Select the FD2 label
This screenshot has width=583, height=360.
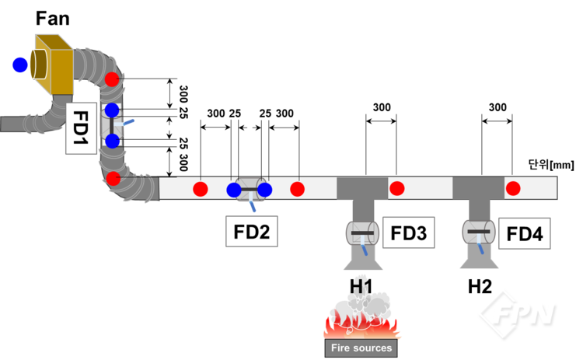pyautogui.click(x=251, y=231)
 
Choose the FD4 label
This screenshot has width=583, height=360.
pyautogui.click(x=525, y=232)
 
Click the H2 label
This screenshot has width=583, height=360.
pyautogui.click(x=480, y=287)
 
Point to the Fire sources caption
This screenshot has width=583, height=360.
pyautogui.click(x=361, y=348)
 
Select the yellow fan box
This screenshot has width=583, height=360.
pyautogui.click(x=53, y=60)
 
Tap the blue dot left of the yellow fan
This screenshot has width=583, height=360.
pyautogui.click(x=20, y=65)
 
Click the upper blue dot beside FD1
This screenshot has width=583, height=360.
pyautogui.click(x=112, y=110)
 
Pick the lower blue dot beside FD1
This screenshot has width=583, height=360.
pyautogui.click(x=112, y=141)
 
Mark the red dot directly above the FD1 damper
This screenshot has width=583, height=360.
pyautogui.click(x=112, y=79)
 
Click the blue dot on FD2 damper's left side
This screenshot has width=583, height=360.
pyautogui.click(x=234, y=190)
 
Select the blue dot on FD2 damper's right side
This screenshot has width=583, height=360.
pyautogui.click(x=265, y=190)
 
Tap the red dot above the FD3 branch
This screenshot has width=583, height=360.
pyautogui.click(x=396, y=188)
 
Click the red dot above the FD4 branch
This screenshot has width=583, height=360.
pyautogui.click(x=513, y=188)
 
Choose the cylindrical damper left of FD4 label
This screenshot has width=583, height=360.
pyautogui.click(x=478, y=231)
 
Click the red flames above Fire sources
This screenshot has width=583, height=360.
pyautogui.click(x=361, y=325)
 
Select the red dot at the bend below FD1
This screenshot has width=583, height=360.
pyautogui.click(x=113, y=179)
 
